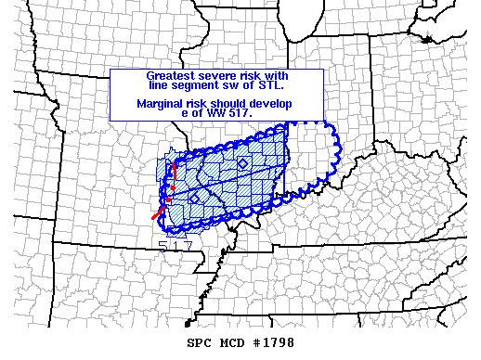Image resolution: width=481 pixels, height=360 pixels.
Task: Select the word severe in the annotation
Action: click(x=213, y=74)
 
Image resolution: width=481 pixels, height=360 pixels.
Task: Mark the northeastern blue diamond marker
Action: click(x=242, y=163)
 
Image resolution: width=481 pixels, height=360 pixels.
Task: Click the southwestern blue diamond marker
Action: click(x=194, y=198)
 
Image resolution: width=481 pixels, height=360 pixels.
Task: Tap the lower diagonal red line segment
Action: click(x=158, y=212)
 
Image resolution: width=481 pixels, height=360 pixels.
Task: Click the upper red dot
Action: click(x=173, y=189)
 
